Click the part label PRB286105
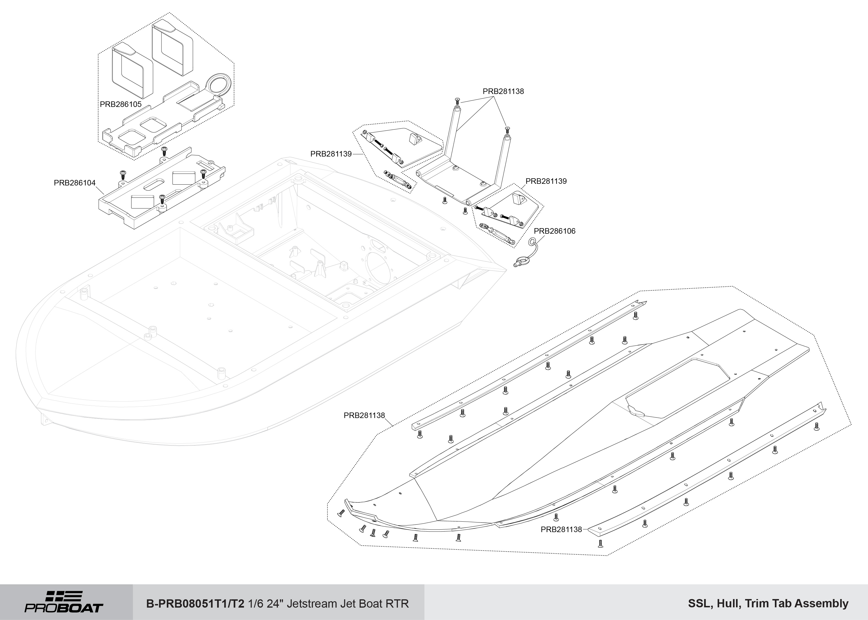click(121, 104)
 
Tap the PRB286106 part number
click(554, 231)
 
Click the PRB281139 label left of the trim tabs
click(331, 154)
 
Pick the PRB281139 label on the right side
click(546, 181)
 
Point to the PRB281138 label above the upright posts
click(503, 91)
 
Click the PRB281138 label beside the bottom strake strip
click(561, 530)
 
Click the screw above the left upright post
click(457, 101)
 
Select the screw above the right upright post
click(507, 130)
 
